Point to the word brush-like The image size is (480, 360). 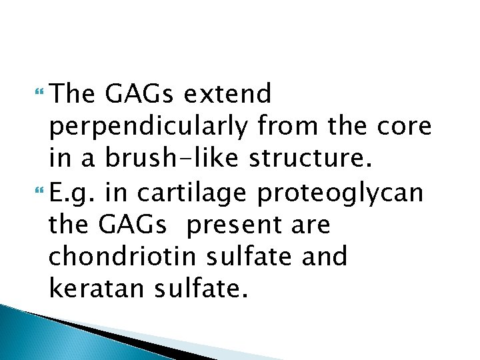click(153, 159)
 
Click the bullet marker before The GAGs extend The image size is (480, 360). click(43, 95)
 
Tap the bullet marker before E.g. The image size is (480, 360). click(43, 193)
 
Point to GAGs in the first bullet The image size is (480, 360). click(136, 95)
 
